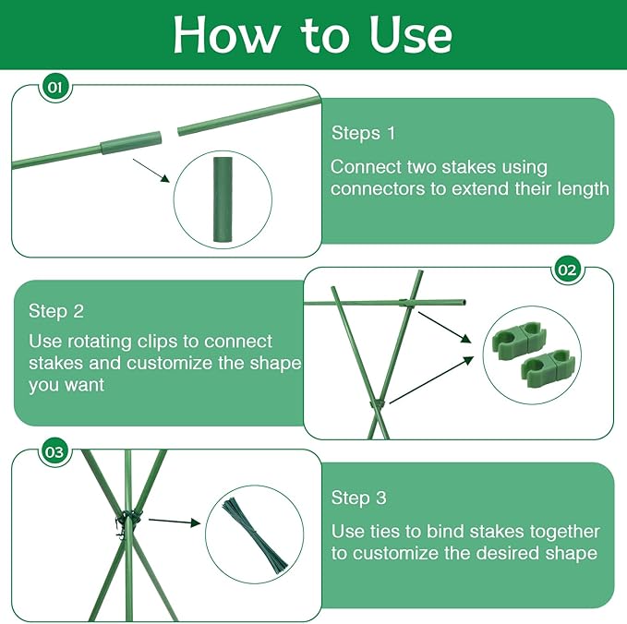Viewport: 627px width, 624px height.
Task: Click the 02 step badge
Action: tap(568, 270)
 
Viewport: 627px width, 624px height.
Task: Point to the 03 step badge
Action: tap(54, 452)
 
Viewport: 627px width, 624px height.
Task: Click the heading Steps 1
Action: tap(363, 133)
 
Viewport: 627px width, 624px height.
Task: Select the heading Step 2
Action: tap(56, 311)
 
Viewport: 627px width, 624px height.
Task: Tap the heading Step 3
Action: tap(358, 498)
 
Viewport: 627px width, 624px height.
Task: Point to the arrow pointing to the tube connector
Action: tap(152, 173)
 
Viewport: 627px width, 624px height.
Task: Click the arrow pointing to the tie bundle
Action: tap(174, 522)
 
